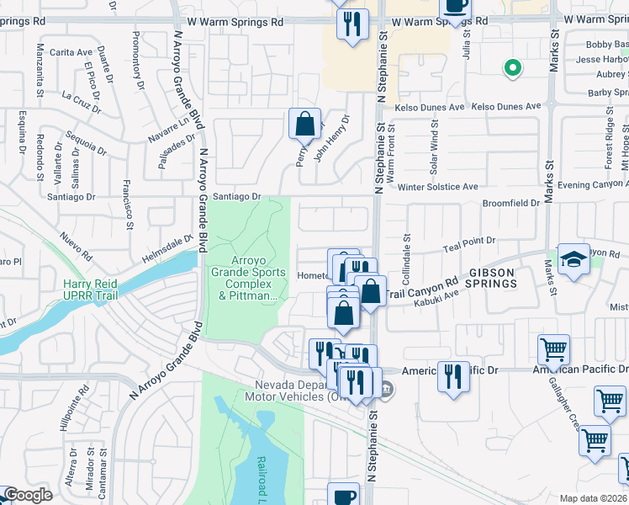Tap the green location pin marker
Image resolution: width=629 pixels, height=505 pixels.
click(510, 68)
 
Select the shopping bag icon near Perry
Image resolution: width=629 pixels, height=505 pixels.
click(304, 124)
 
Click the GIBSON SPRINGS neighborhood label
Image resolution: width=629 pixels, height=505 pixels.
click(504, 279)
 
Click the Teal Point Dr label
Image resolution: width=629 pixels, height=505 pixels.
click(469, 244)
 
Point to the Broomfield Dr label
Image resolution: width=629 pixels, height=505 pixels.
click(510, 204)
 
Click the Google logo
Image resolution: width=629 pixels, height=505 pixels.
click(27, 496)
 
